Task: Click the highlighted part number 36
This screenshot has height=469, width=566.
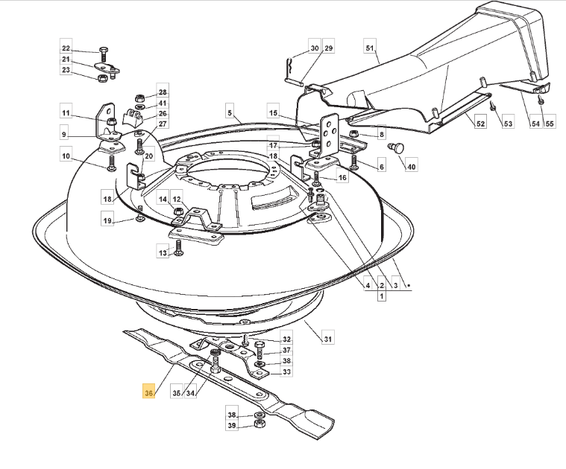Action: coord(148,392)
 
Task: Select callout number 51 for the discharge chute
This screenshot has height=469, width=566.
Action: coord(370,48)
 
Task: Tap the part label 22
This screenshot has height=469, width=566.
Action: coord(66,48)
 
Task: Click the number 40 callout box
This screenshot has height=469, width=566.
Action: coord(412,167)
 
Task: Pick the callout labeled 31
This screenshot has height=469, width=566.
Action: coord(327,339)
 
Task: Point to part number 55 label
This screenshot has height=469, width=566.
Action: coord(550,124)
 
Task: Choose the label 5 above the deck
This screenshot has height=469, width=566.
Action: coord(230,112)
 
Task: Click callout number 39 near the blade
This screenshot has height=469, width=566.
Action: coord(232,425)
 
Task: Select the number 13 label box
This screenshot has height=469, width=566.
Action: coord(163,253)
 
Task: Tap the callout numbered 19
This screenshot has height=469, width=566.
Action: coord(107,220)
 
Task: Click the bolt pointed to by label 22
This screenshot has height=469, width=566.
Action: coord(102,54)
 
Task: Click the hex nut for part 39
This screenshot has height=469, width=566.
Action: coord(259,424)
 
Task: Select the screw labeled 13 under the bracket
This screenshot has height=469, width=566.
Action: coord(177,248)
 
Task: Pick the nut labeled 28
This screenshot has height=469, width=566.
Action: coord(139,98)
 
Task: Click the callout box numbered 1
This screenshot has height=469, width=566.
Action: coord(382,296)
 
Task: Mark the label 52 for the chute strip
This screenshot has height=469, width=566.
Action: coord(480,124)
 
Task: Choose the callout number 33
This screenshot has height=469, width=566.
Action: coord(286,371)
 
